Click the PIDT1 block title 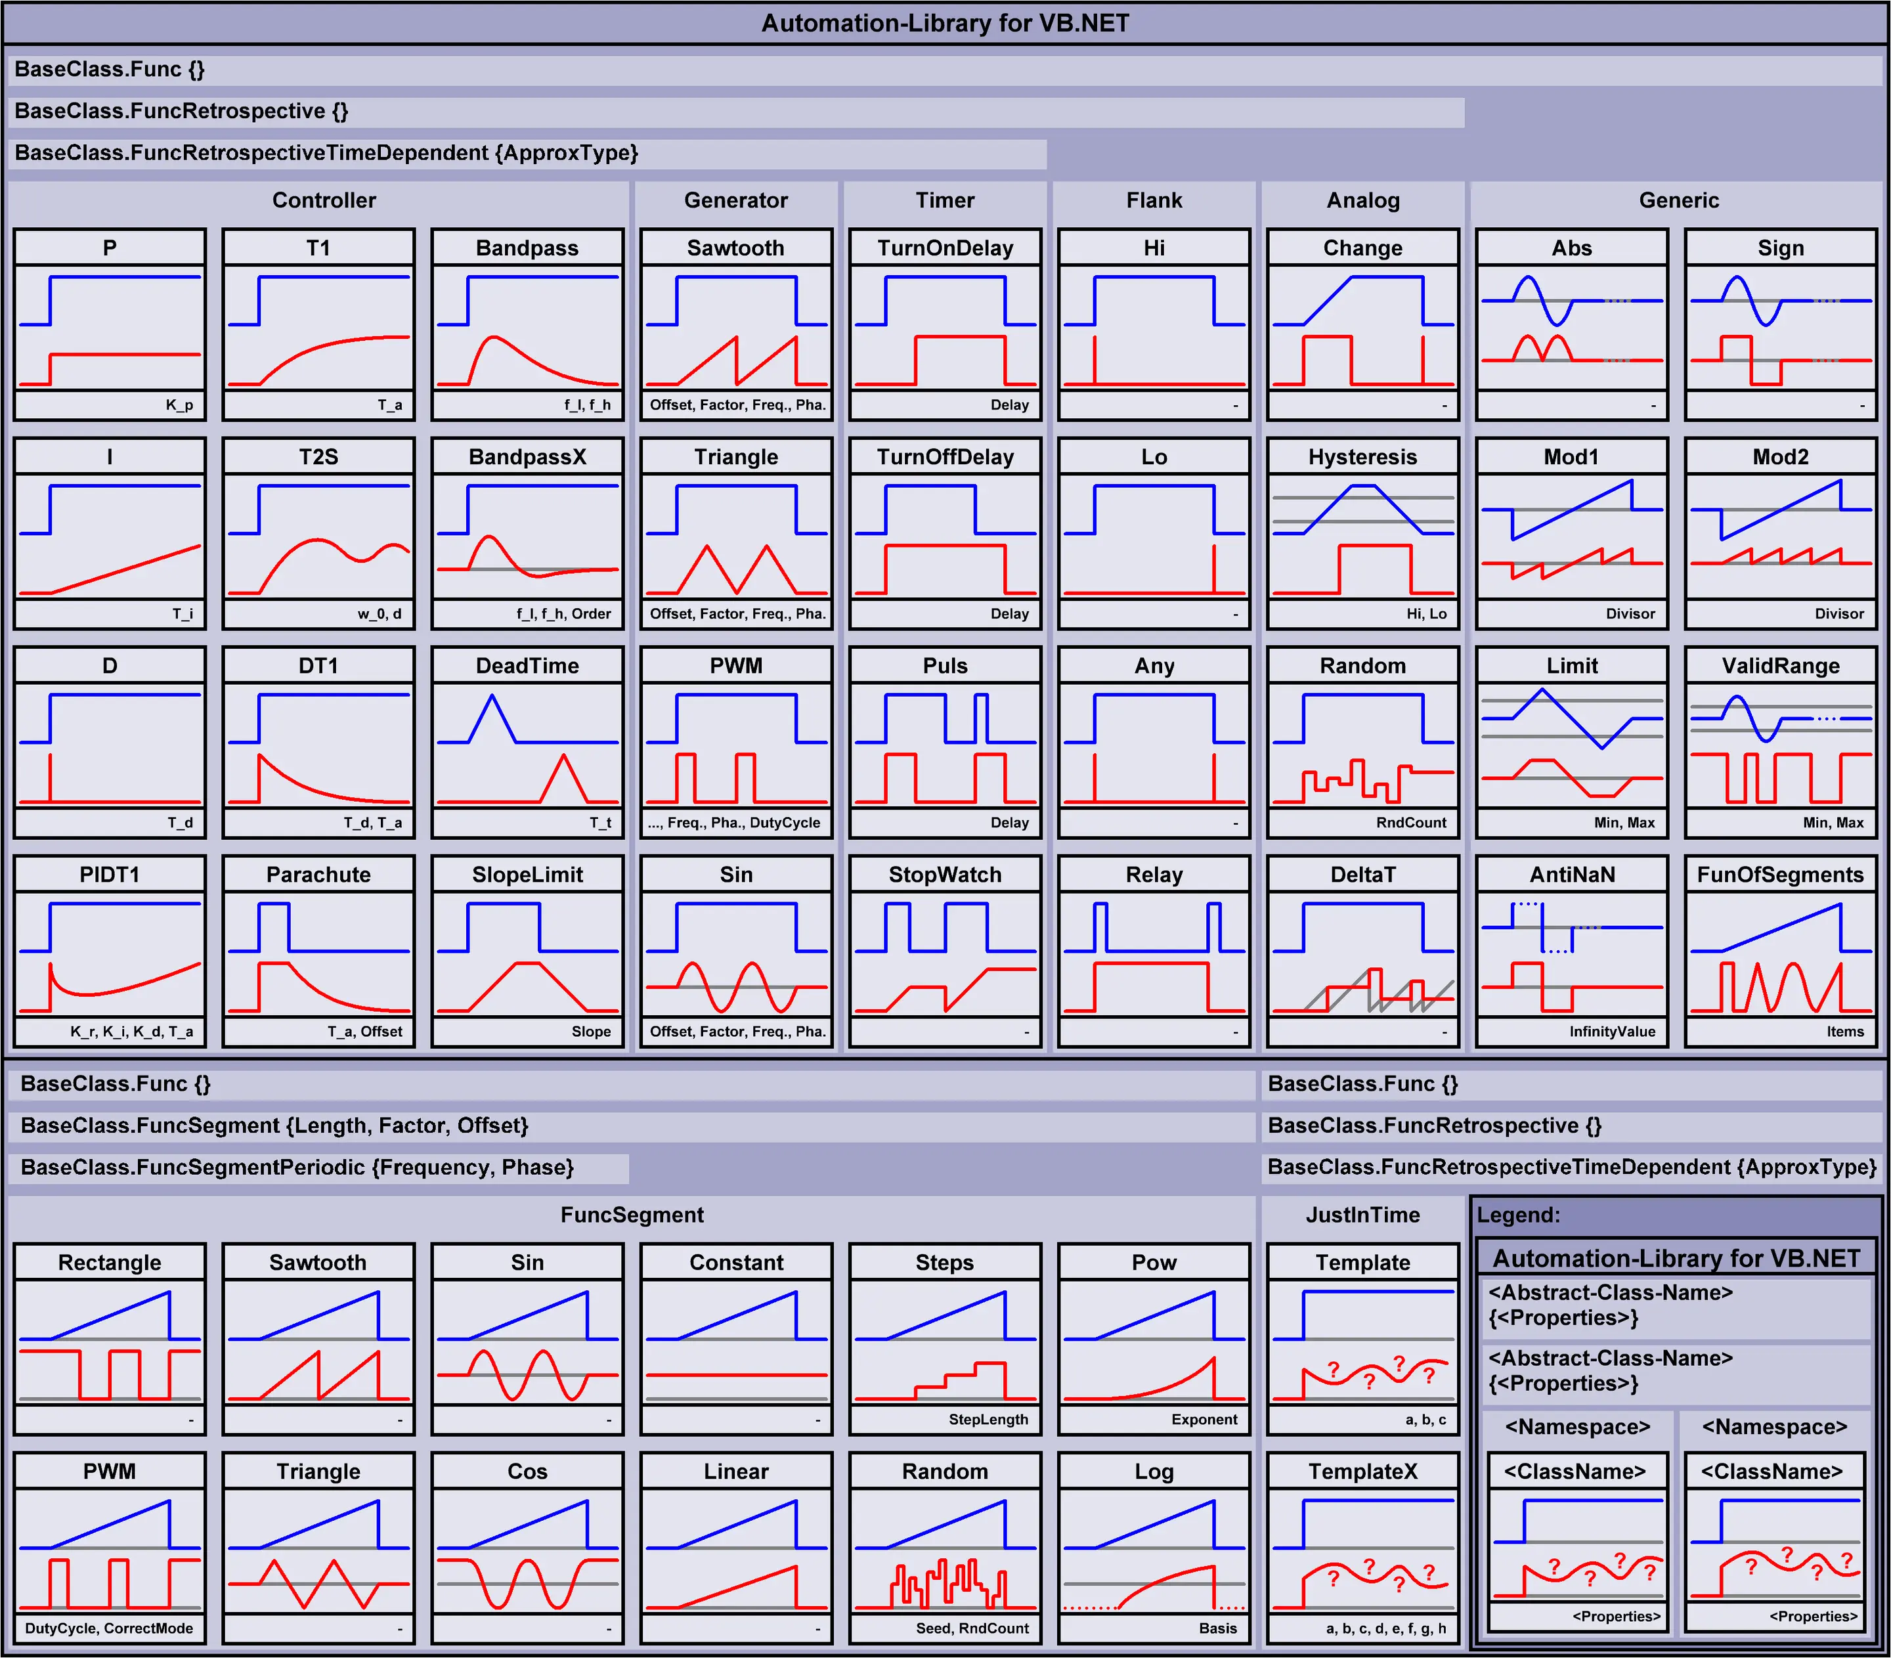tap(109, 875)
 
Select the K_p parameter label tap(179, 405)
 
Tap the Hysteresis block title tap(1362, 457)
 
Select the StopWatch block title tap(945, 875)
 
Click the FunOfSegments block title tap(1780, 875)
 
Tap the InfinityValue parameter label tap(1611, 1032)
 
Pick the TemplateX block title tap(1362, 1471)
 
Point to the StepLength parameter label tap(988, 1419)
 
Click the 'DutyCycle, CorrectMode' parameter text tap(109, 1628)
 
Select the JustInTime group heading tap(1362, 1215)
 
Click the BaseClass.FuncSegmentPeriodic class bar tap(297, 1167)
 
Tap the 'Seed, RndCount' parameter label tap(972, 1628)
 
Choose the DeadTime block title tap(527, 666)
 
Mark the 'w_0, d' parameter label tap(380, 613)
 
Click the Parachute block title tap(318, 875)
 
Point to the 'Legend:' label tap(1518, 1215)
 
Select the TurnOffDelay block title tap(945, 457)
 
